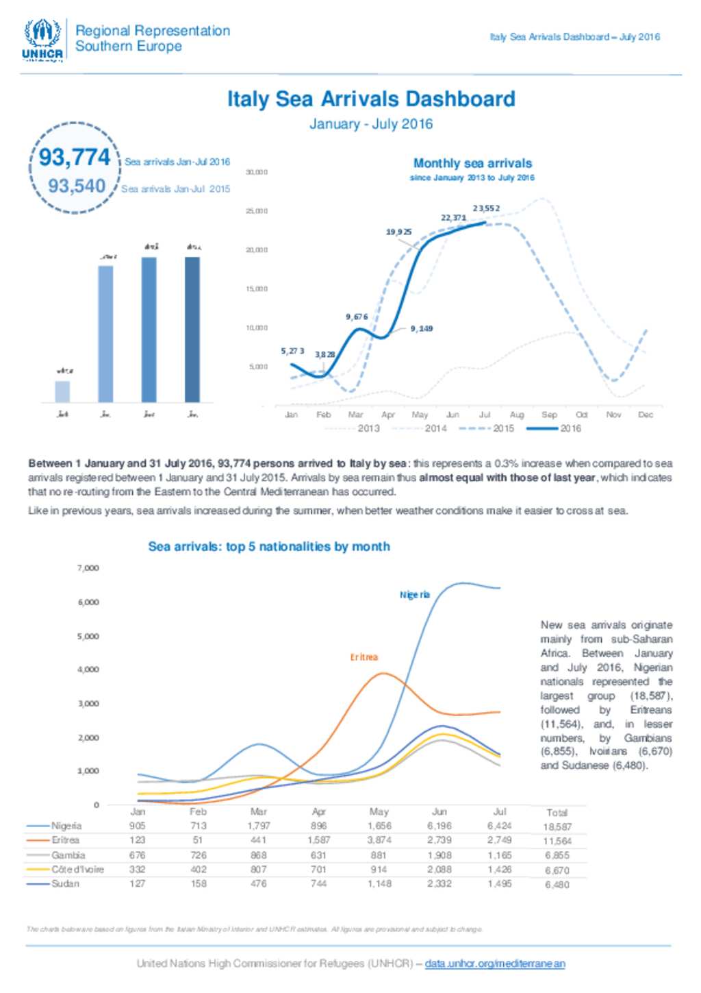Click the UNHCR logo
pos(42,40)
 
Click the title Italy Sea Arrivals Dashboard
pos(371,99)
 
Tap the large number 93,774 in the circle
pos(74,157)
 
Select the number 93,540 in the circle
pos(77,186)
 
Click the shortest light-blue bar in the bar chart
pos(62,391)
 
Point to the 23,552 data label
pos(486,208)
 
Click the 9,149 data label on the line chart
pos(422,329)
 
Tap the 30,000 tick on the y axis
pos(257,172)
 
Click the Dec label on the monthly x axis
pos(645,415)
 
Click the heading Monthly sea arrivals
pos(472,163)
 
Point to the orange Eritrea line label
pos(364,657)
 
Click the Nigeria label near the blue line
pos(415,595)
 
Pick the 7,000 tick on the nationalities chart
pos(88,568)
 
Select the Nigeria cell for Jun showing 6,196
pos(439,826)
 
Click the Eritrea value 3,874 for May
pos(379,840)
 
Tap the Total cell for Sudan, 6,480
pos(557,885)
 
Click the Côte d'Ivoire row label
pos(77,869)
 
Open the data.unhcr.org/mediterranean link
pos(495,964)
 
